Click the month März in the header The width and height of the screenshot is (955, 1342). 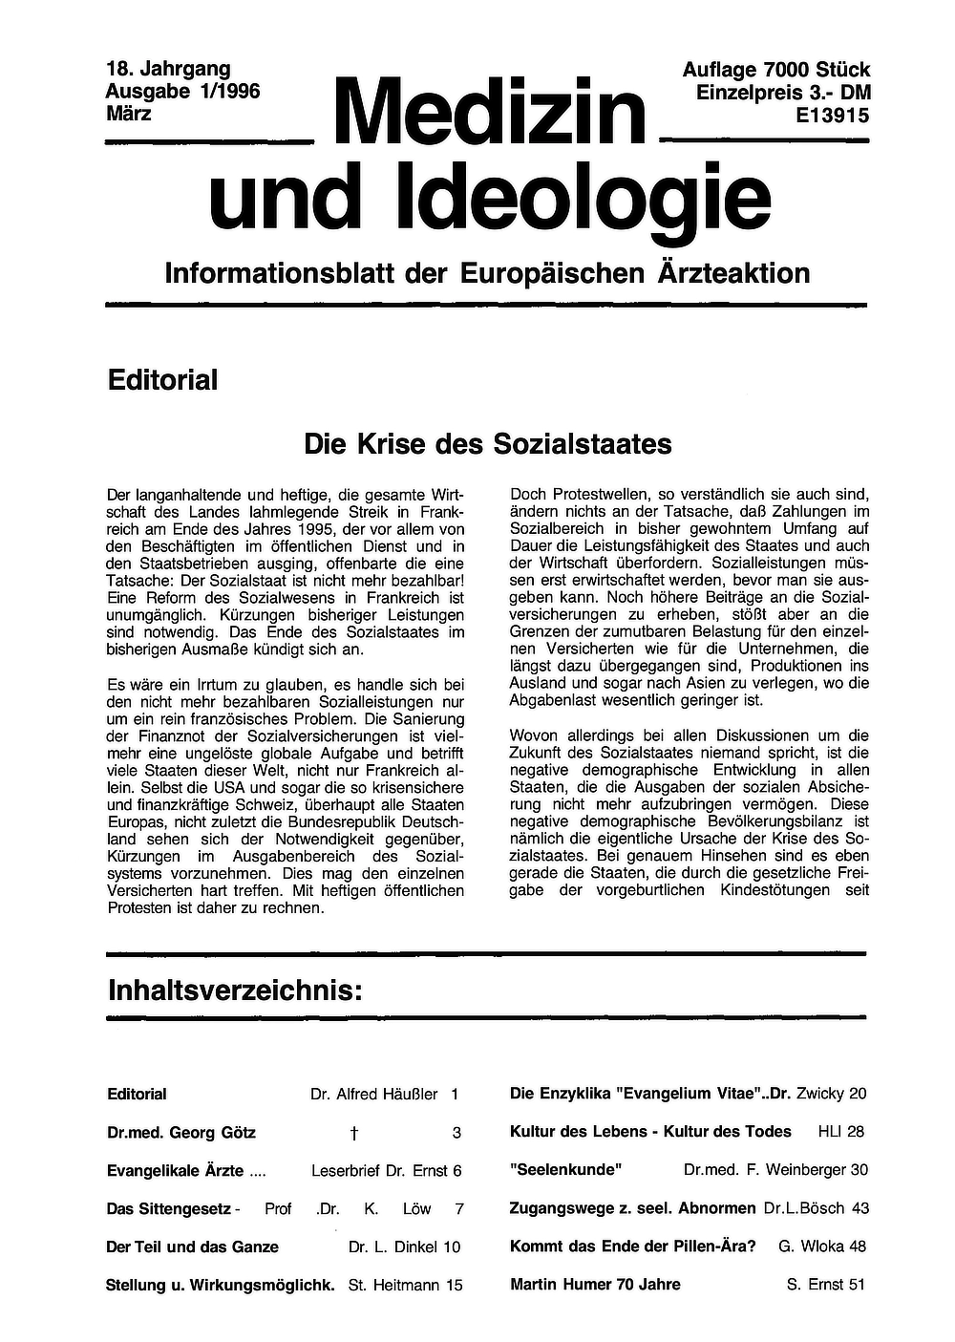tap(129, 114)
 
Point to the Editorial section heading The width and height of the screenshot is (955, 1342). tap(162, 380)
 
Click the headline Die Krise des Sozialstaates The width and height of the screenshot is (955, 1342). tap(487, 444)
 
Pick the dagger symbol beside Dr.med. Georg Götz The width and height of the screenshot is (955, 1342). tap(353, 1134)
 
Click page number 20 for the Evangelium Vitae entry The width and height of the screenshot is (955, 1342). tap(857, 1094)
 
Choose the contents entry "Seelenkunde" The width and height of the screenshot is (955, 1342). tap(566, 1169)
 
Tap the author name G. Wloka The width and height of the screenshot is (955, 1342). tap(811, 1246)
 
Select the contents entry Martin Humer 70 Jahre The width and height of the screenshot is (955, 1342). tap(595, 1284)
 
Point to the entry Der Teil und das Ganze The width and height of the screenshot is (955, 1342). tap(192, 1246)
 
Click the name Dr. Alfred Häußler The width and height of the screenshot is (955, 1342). tap(373, 1094)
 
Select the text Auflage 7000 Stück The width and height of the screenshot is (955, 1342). tap(775, 70)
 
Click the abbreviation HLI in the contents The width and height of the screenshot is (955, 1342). tap(829, 1131)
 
